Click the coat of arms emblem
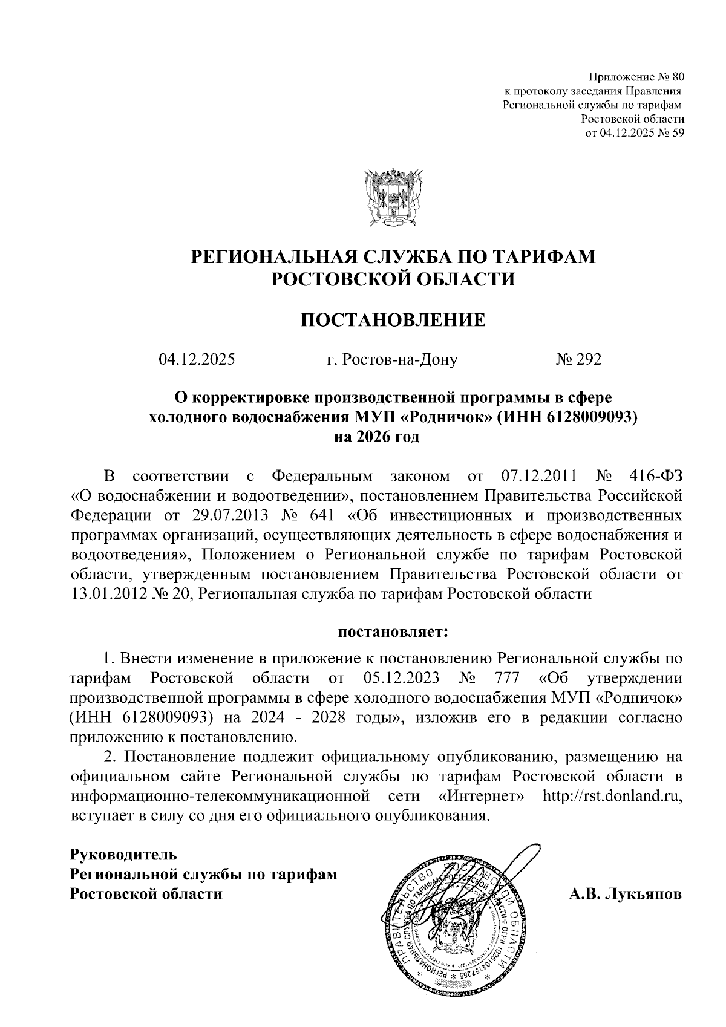pyautogui.click(x=393, y=198)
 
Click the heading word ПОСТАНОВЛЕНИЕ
pyautogui.click(x=393, y=320)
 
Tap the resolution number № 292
pyautogui.click(x=578, y=360)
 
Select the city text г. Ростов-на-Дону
pyautogui.click(x=391, y=360)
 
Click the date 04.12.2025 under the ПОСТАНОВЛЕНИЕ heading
pyautogui.click(x=197, y=360)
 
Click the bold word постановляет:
pyautogui.click(x=393, y=633)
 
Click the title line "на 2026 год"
pyautogui.click(x=376, y=436)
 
